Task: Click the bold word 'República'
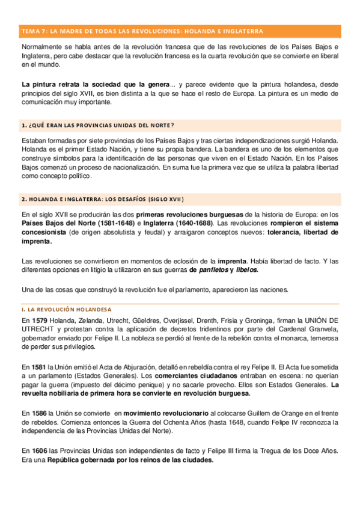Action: pos(67,460)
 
